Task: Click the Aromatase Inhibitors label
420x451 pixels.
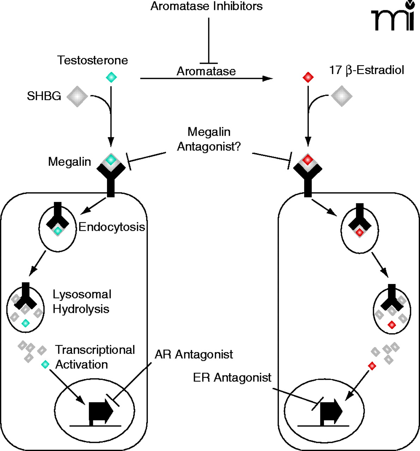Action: [206, 6]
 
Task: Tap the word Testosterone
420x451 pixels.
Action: [92, 60]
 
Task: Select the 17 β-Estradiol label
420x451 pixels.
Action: [366, 70]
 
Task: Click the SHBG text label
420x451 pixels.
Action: [44, 96]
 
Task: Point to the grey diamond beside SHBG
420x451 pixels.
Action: [77, 96]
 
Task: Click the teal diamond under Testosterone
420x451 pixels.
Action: [111, 77]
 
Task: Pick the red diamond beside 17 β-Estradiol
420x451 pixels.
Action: [308, 77]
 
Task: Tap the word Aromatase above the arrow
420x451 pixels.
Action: [206, 71]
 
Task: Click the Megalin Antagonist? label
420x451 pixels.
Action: [209, 139]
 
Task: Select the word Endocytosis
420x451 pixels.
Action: [112, 227]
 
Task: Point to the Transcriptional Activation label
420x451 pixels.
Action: [95, 357]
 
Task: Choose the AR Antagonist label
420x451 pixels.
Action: [194, 354]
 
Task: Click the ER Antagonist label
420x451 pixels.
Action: [232, 377]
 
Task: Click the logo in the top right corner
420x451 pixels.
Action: [392, 17]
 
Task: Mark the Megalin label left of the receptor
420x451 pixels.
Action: [70, 162]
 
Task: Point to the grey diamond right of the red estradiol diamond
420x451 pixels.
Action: [341, 95]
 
